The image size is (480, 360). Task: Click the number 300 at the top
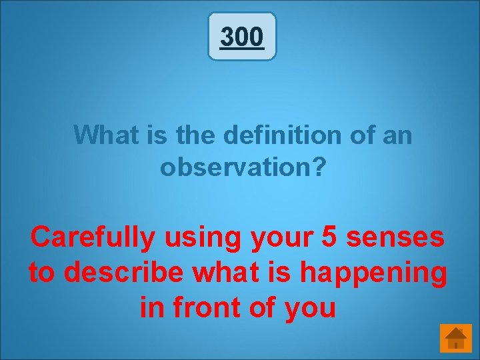coord(241,37)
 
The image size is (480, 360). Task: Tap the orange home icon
coord(455,337)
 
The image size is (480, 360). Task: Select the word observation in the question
coord(235,167)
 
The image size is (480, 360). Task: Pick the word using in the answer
coord(197,237)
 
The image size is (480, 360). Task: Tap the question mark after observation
coord(319,167)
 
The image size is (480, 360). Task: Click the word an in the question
coord(398,136)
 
